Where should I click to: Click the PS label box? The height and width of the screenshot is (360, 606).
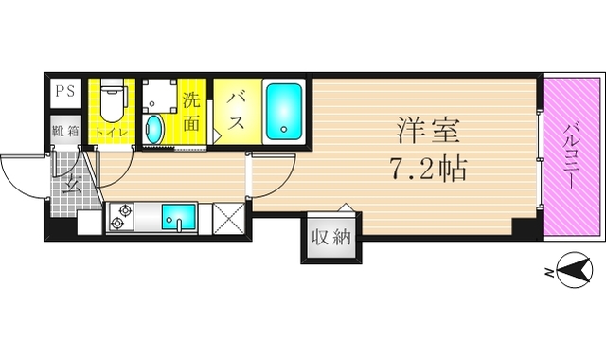tap(64, 92)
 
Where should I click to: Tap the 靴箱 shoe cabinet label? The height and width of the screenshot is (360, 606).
tap(64, 132)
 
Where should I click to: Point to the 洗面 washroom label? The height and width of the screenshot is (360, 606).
tap(192, 110)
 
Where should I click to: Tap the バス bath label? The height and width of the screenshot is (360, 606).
tap(234, 110)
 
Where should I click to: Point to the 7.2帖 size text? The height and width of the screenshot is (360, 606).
tap(426, 170)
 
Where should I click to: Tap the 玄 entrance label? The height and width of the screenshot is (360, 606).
tap(69, 184)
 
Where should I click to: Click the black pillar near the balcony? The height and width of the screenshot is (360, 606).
tap(523, 227)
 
